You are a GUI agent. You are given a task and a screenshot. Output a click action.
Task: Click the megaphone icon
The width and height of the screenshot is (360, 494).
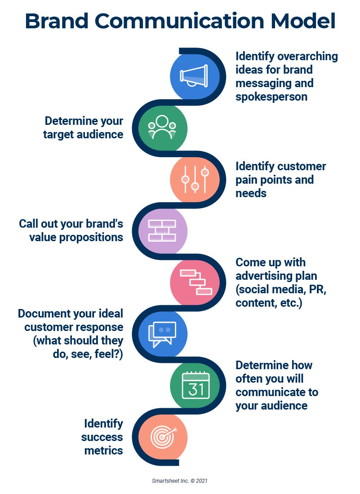pyautogui.click(x=194, y=76)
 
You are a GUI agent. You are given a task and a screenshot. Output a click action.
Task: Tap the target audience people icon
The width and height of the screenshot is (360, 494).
pyautogui.click(x=162, y=127)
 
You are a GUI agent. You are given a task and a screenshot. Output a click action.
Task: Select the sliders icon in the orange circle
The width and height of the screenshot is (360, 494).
pyautogui.click(x=195, y=179)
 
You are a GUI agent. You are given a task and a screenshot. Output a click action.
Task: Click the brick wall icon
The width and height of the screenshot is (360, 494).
pyautogui.click(x=162, y=231)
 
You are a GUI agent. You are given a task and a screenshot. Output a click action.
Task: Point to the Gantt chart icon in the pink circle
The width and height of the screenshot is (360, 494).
pyautogui.click(x=196, y=282)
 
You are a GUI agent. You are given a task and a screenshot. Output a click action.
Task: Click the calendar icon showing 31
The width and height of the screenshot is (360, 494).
pyautogui.click(x=196, y=385)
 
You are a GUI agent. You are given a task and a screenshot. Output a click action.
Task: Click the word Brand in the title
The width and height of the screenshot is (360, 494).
pyautogui.click(x=57, y=21)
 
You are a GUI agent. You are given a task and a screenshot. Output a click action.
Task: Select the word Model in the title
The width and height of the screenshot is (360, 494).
pyautogui.click(x=303, y=21)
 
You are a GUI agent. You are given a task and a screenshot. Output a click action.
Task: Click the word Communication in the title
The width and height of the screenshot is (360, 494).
pyautogui.click(x=179, y=21)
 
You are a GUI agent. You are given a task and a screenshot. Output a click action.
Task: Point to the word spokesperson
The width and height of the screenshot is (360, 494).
pyautogui.click(x=271, y=97)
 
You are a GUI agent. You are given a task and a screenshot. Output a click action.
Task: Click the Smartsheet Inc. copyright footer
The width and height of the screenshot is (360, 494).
pyautogui.click(x=180, y=481)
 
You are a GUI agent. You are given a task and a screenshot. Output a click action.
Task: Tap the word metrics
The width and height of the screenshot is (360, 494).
pyautogui.click(x=103, y=450)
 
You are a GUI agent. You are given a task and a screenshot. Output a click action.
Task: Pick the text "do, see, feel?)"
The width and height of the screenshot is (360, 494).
pyautogui.click(x=88, y=354)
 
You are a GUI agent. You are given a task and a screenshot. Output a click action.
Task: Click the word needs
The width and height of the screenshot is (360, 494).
pyautogui.click(x=251, y=193)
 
